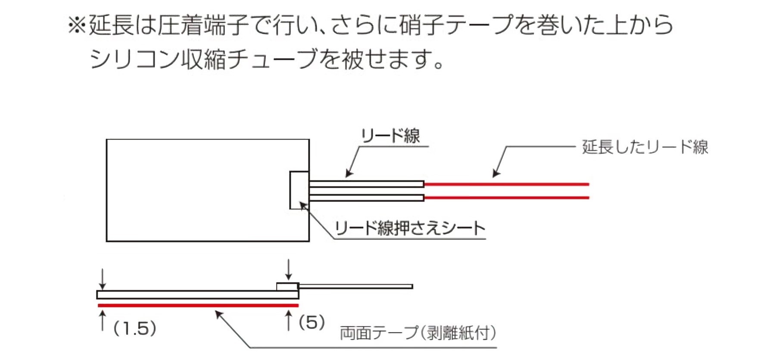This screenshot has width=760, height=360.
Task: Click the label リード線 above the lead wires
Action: coord(390,136)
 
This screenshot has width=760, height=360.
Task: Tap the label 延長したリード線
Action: coord(645,147)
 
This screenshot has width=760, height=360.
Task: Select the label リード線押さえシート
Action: coord(410,228)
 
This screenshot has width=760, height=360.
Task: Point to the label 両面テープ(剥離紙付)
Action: coord(418,333)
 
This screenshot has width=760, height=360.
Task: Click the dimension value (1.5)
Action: coord(135,329)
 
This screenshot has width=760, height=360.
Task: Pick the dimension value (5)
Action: coord(312,323)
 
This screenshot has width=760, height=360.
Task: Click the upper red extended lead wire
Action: coord(506,184)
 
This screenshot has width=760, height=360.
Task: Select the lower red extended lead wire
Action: coord(506,198)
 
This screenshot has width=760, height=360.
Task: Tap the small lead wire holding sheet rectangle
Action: coord(299,190)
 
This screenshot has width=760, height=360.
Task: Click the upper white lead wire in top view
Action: coord(366,184)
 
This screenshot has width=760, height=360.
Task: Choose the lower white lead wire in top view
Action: coord(366,198)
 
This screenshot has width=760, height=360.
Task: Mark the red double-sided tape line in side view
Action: coord(198,305)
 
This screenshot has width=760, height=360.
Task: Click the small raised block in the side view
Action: coord(287,286)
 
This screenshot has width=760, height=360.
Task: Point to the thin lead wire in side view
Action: coord(355,286)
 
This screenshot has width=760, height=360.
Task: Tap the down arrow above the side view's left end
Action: coord(103,280)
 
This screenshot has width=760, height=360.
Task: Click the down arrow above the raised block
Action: coord(288,270)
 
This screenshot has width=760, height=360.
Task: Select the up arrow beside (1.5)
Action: coord(103,321)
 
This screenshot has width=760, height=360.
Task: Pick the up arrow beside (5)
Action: coord(288,321)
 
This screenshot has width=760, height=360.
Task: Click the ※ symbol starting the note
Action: coord(77,25)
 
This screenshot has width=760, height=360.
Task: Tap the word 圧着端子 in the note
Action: coord(203,25)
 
